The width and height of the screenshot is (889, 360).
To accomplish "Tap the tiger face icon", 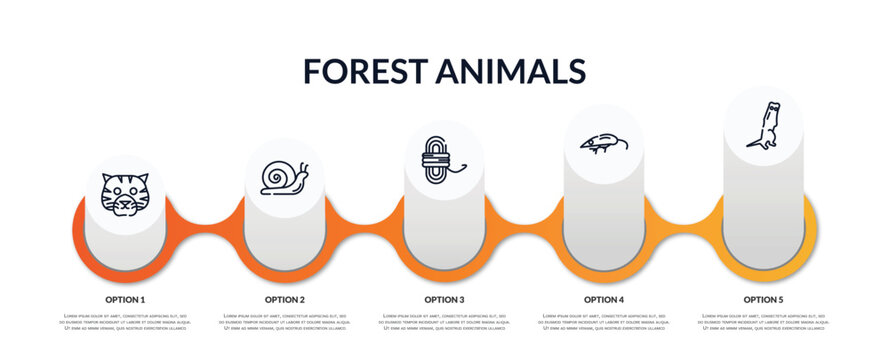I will (x=125, y=194).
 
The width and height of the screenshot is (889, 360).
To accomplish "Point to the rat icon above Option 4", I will (x=604, y=143).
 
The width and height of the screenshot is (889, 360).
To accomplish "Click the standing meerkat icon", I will (x=763, y=126).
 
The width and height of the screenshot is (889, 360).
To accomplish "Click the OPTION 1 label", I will (x=125, y=299).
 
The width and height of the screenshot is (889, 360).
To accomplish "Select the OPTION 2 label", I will (x=285, y=299).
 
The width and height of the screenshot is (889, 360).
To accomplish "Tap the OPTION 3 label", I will (x=444, y=299).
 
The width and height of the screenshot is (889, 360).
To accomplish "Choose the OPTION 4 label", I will (x=604, y=299).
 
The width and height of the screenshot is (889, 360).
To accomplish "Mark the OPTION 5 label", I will (x=763, y=299).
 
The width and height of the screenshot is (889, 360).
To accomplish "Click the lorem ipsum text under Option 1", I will (x=125, y=323).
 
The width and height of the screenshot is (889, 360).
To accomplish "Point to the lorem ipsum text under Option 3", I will (x=444, y=323).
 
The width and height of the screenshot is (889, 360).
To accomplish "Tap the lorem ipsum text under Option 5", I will (x=763, y=323).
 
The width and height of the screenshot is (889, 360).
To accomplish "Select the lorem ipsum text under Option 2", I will (x=285, y=323).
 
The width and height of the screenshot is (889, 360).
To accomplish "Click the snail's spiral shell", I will (x=277, y=179).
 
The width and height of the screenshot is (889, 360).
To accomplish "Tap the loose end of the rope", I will (x=461, y=169).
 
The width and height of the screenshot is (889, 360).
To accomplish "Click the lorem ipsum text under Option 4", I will (x=604, y=323).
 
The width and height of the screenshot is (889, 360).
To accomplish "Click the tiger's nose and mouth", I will (x=125, y=204).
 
